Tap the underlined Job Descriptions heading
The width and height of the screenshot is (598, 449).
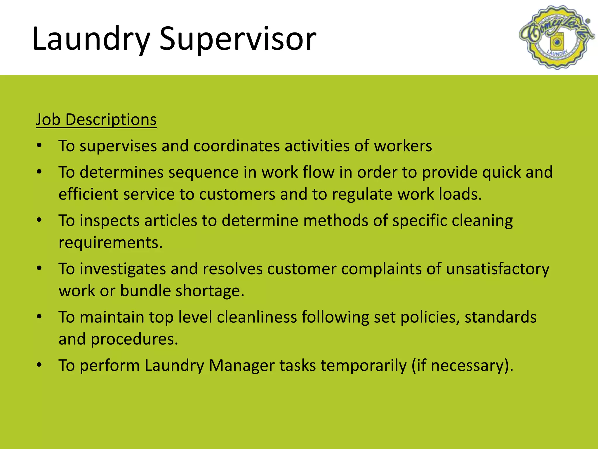click(x=96, y=120)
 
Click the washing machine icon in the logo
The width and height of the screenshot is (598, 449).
click(x=557, y=42)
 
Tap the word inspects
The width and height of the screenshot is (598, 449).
click(x=109, y=220)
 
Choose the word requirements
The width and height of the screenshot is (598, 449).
click(x=110, y=243)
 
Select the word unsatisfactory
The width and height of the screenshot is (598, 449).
click(x=498, y=269)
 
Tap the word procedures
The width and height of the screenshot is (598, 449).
click(x=134, y=339)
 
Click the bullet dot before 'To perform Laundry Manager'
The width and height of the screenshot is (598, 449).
click(x=39, y=365)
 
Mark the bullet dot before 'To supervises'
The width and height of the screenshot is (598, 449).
click(x=39, y=145)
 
